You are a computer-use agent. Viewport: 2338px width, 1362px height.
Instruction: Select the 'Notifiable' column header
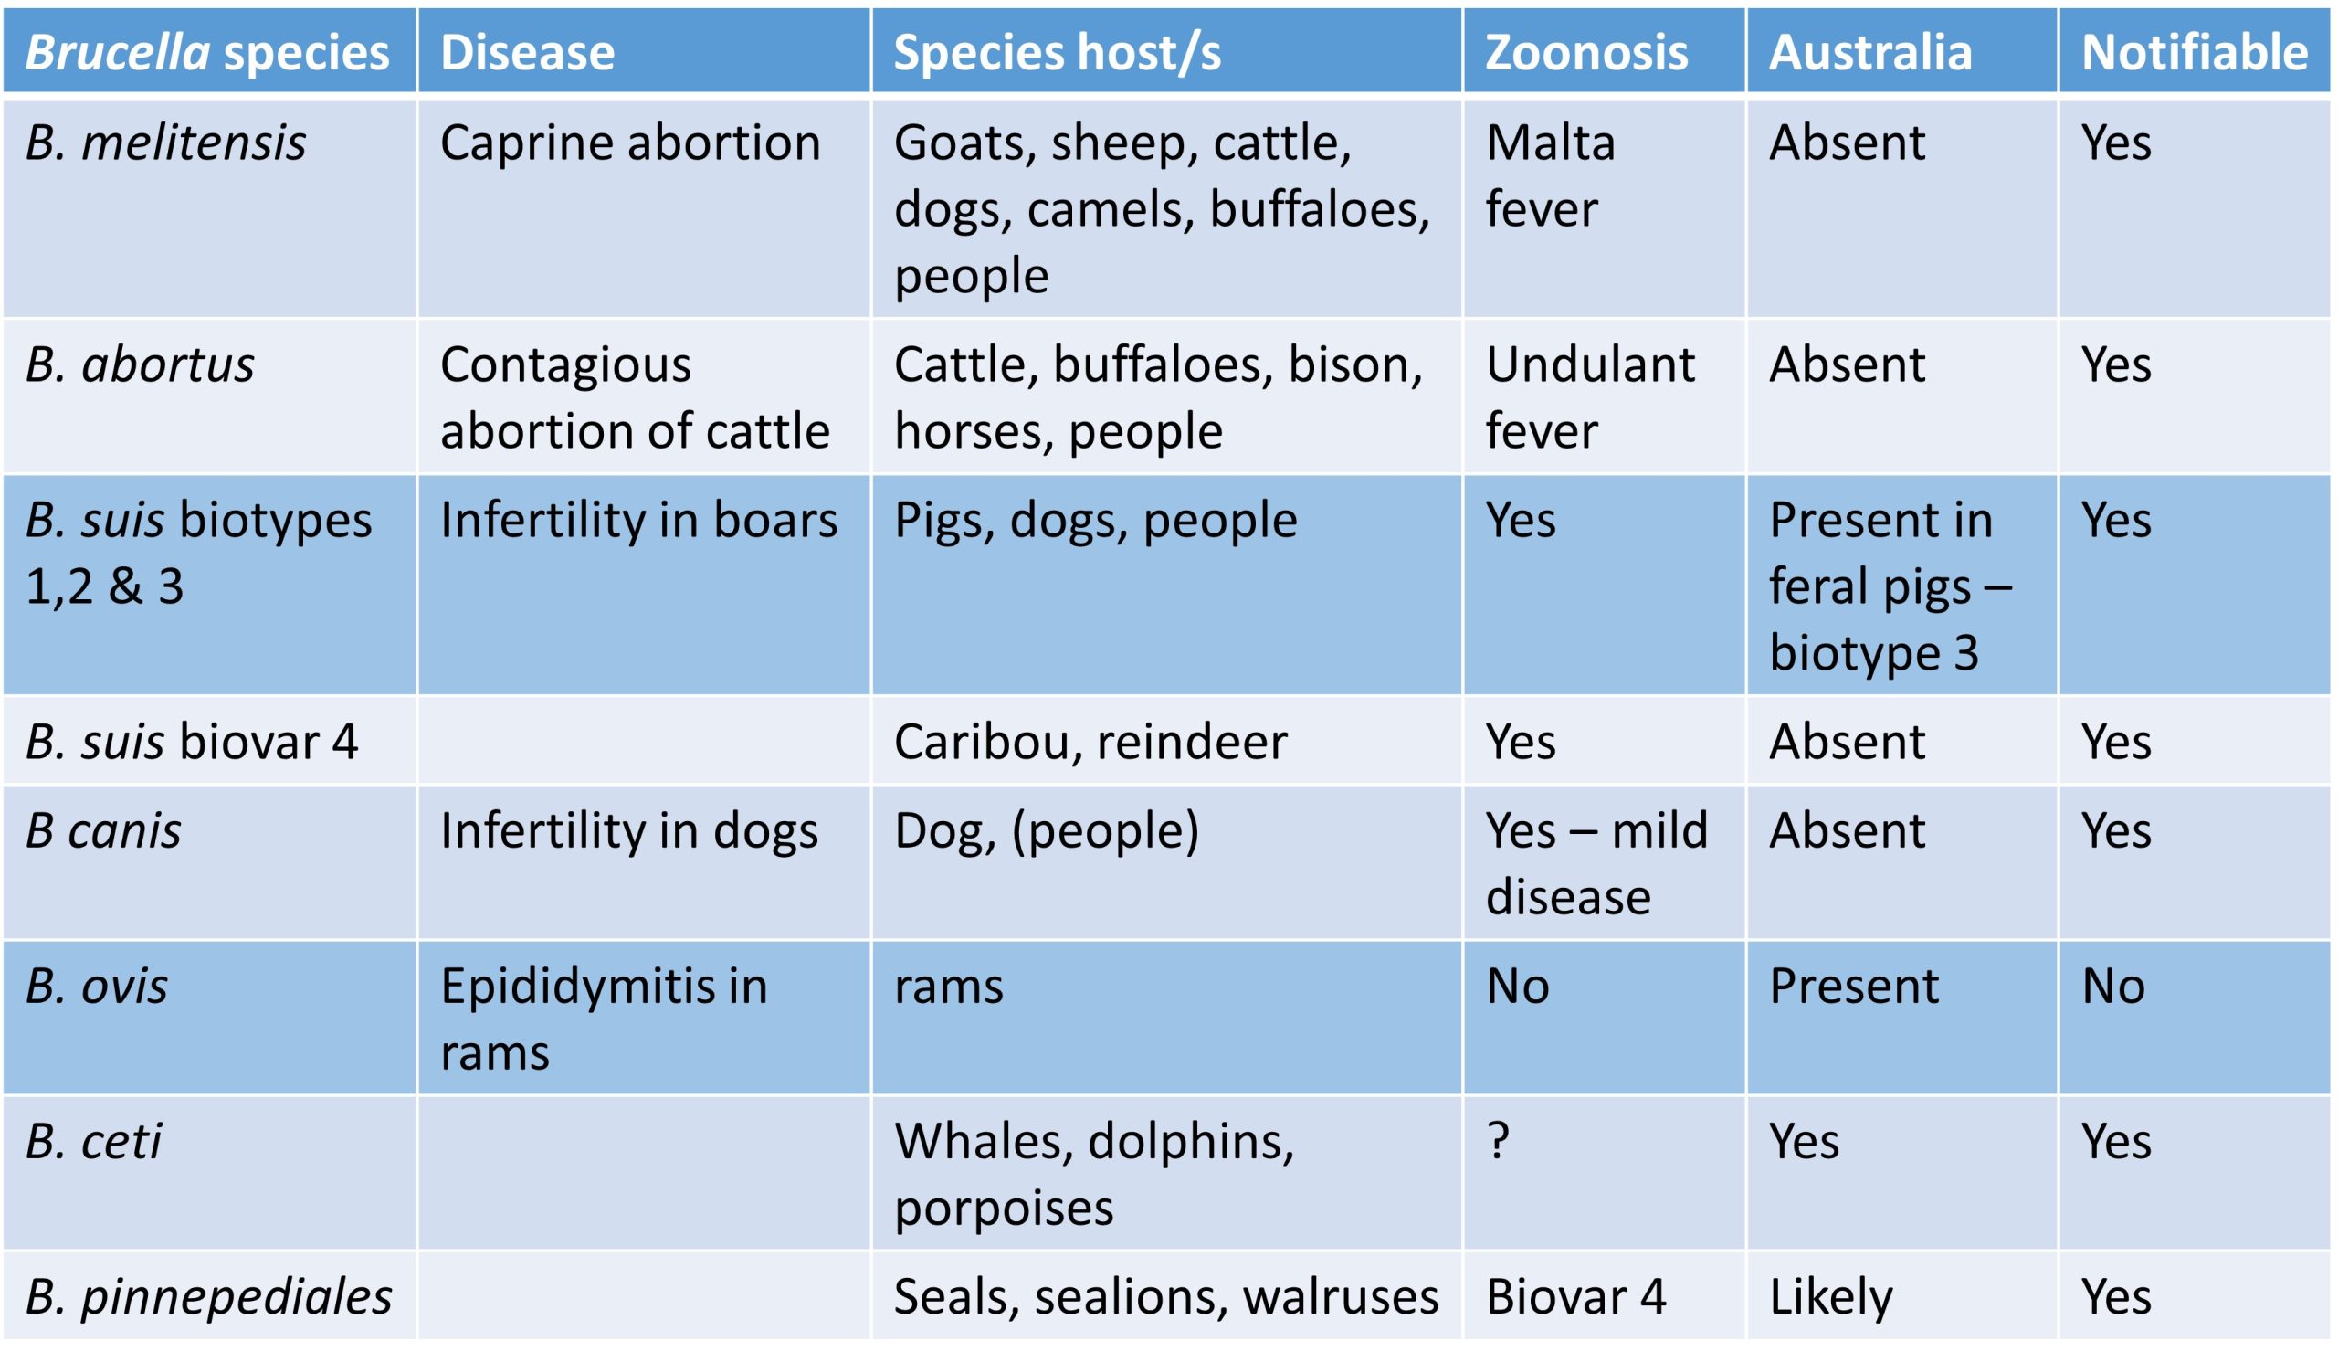pos(2195,52)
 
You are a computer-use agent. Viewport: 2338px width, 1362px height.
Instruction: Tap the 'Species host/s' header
pos(1057,53)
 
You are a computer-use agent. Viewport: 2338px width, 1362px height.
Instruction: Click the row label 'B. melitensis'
pos(165,143)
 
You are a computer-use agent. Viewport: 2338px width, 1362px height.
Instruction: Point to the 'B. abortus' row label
pos(140,364)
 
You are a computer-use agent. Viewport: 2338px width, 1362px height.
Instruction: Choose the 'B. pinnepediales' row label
pos(209,1297)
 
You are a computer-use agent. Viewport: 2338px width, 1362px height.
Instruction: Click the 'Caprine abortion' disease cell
pos(630,143)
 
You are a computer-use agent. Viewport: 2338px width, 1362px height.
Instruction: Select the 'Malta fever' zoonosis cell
pos(1551,175)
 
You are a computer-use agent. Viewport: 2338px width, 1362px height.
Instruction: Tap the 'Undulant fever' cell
pos(1590,397)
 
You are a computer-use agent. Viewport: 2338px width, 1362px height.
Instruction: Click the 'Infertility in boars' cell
pos(638,520)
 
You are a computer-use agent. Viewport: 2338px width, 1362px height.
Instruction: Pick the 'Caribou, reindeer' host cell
pos(1090,743)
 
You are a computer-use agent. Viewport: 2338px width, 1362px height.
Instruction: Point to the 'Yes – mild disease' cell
pos(1596,863)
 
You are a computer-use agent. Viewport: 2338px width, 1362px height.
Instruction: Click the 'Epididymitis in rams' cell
pos(604,1019)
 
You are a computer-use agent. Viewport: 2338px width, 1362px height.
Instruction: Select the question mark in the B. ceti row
pos(1498,1141)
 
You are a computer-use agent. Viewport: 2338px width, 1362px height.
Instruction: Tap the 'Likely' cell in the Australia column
pos(1830,1297)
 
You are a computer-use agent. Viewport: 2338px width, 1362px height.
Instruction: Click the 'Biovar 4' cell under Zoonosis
pos(1575,1296)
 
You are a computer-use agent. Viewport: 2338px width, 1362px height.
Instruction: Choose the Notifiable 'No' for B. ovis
pos(2113,987)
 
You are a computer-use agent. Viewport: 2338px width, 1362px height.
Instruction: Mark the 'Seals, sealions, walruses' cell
pos(1166,1297)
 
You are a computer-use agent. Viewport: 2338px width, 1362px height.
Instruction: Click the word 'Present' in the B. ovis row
pos(1854,987)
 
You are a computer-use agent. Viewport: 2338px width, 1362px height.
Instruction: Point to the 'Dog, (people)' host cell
pos(1047,831)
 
